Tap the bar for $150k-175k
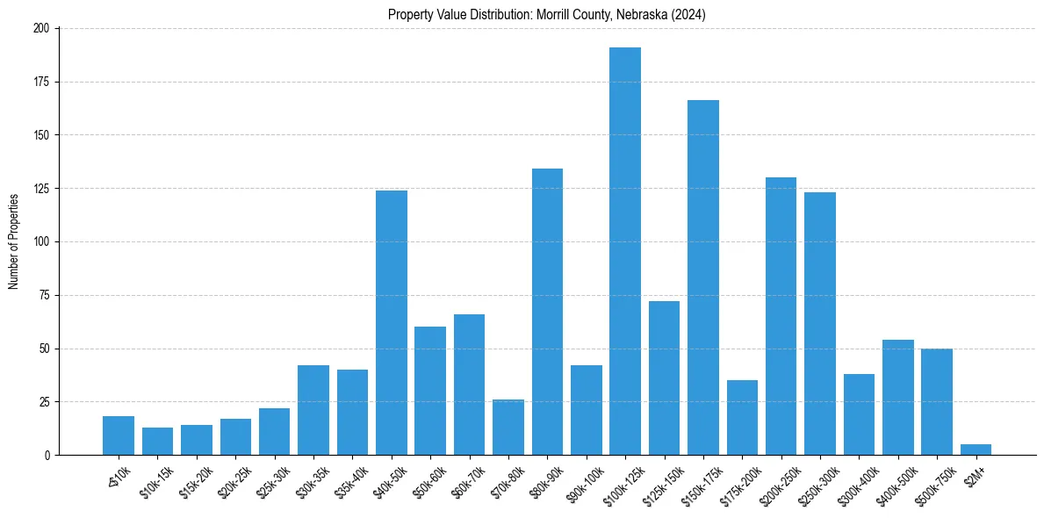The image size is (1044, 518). pos(703,277)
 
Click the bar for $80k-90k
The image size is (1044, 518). pos(547,312)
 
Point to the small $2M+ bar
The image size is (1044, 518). pos(976,450)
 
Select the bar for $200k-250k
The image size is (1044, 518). pos(781,316)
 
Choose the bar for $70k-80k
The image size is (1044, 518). pos(508,428)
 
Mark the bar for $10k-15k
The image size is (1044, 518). pos(158,442)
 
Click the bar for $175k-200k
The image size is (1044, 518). pos(742,418)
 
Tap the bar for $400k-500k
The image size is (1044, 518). pos(897,398)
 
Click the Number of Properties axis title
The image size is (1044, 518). pos(14,241)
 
